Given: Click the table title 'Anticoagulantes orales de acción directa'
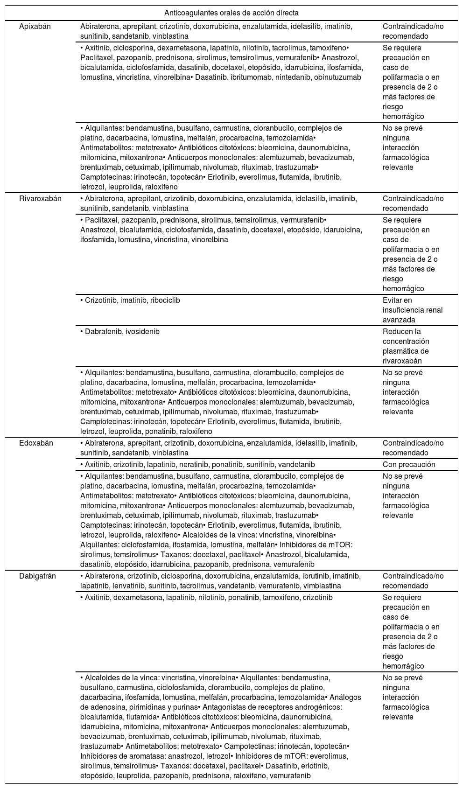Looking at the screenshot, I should click(x=231, y=13).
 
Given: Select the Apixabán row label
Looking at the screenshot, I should click(x=35, y=27).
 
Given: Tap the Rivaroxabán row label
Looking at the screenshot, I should click(x=40, y=199).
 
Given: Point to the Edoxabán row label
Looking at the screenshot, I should click(x=36, y=443).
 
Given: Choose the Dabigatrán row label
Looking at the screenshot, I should click(x=37, y=576).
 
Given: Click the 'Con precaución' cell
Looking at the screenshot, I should click(x=409, y=465).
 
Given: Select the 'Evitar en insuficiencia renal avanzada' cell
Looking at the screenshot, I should click(x=413, y=310).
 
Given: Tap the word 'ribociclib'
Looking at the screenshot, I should click(x=165, y=300).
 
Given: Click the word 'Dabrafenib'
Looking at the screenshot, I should click(x=102, y=332).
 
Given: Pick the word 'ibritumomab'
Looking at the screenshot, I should click(x=250, y=77).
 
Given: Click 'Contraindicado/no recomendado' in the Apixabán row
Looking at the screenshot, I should click(x=413, y=31).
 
